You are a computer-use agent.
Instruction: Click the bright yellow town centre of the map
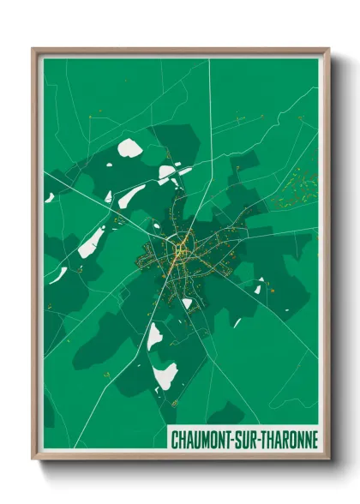tap(179, 249)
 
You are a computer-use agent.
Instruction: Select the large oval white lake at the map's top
tap(130, 148)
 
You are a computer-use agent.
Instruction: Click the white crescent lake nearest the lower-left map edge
tap(58, 275)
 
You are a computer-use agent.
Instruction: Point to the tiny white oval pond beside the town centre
tap(188, 303)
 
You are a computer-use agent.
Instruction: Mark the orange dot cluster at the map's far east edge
tap(297, 191)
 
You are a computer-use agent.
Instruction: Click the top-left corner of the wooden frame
tap(33, 49)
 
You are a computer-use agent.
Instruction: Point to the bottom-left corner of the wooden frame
tap(33, 459)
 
